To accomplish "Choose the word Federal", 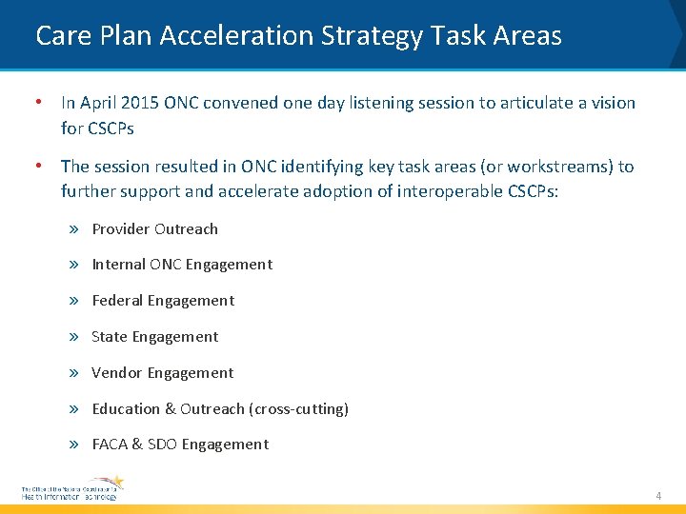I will click(x=118, y=301).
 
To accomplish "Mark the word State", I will click(x=110, y=337).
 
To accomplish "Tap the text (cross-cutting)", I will click(x=298, y=409).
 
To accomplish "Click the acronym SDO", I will click(x=157, y=445).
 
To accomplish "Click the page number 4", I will click(x=658, y=496).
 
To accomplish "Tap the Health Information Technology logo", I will click(x=72, y=488).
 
